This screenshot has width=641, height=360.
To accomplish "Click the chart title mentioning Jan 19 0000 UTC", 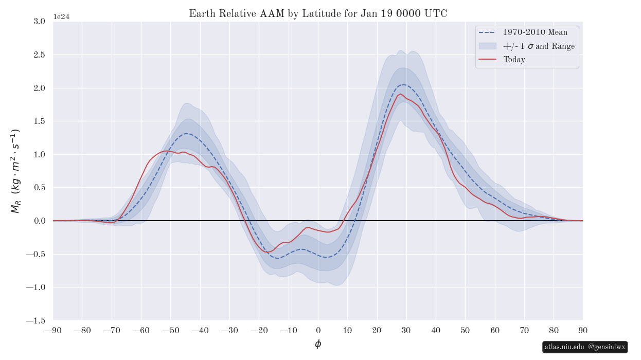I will click(318, 14).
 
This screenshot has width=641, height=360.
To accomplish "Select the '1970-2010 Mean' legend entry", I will click(535, 32).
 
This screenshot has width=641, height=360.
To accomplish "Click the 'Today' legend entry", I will click(514, 60).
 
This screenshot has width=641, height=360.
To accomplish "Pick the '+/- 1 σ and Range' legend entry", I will click(539, 46).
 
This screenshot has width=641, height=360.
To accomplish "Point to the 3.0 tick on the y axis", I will click(39, 21).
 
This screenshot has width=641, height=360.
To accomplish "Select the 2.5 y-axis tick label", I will click(39, 55).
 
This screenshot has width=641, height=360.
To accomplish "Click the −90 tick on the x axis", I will click(53, 330).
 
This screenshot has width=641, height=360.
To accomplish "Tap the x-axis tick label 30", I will click(406, 330).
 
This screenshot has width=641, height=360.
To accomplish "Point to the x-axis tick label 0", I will click(318, 330).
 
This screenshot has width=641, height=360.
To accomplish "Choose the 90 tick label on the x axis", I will click(583, 330).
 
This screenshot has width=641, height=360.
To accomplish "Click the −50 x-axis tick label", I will click(171, 330).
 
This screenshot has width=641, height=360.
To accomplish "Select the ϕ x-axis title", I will click(318, 344).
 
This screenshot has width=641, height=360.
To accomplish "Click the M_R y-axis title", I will click(15, 171).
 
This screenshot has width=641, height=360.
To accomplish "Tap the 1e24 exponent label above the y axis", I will click(61, 16).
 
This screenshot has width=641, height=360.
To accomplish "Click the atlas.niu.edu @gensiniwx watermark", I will click(585, 347).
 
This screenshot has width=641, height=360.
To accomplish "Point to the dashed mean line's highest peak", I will click(404, 84).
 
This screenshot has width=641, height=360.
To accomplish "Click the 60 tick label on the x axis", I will click(494, 330).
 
